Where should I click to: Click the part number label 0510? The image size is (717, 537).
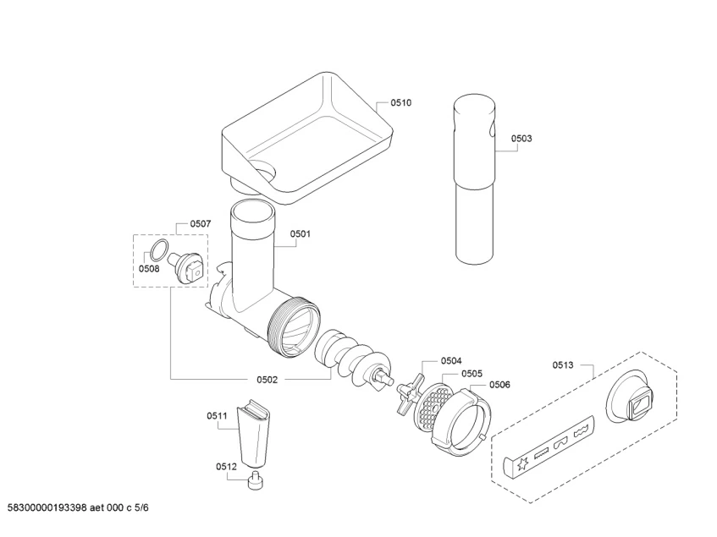click(x=400, y=102)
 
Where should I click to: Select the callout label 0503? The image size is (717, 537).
click(x=521, y=138)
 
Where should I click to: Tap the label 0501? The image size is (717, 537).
click(x=301, y=234)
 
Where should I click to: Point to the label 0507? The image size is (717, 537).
click(x=201, y=224)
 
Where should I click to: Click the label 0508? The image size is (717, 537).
click(x=149, y=269)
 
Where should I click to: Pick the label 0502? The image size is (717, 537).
click(x=267, y=380)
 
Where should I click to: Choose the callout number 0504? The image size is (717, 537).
click(x=451, y=360)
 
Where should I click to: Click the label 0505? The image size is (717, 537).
click(x=472, y=373)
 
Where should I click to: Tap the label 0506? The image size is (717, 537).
click(x=499, y=385)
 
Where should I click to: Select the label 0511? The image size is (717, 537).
click(x=218, y=415)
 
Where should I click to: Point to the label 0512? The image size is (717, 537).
click(x=226, y=466)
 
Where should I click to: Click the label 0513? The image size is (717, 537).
click(x=563, y=365)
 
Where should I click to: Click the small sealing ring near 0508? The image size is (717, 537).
click(x=158, y=249)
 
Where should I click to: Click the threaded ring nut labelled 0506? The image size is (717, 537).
click(x=461, y=421)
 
